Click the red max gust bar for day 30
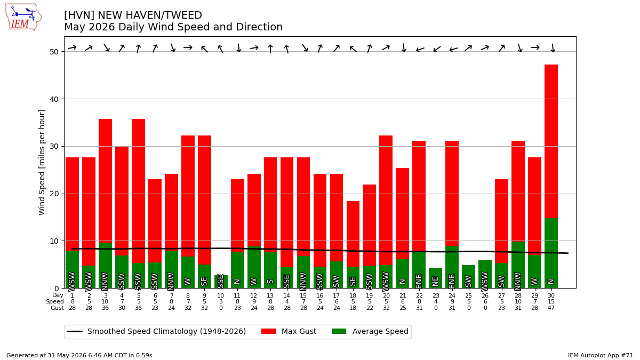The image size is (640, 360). coord(551,141)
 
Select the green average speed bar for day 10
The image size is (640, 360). coord(221,282)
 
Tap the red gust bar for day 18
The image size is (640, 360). coord(353,234)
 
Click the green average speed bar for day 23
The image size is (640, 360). coord(435,278)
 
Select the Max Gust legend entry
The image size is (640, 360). coord(289,331)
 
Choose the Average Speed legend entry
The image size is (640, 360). coord(370,331)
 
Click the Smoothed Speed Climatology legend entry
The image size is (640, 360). coord(156,331)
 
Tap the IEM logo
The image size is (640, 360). coord(23,17)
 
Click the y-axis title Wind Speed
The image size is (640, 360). coord(42,162)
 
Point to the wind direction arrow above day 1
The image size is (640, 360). coord(72,47)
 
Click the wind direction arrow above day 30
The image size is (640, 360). coord(553,47)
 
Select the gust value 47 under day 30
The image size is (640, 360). coord(551,308)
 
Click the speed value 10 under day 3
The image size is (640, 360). coord(106,302)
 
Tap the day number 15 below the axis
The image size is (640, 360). coord(303,295)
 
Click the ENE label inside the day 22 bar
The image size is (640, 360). coord(419,282)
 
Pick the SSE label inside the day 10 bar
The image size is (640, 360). coord(221,282)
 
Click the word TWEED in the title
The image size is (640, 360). coord(186,15)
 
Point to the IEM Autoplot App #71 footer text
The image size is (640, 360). coord(601,355)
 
